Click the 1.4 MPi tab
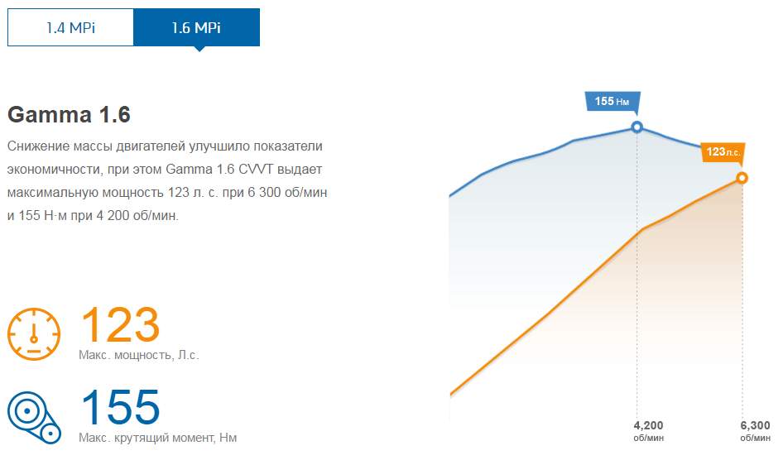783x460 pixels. [x=70, y=27]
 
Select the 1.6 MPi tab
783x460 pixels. [x=196, y=27]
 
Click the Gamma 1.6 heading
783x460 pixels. [x=69, y=115]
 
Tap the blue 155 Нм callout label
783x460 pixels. [x=612, y=101]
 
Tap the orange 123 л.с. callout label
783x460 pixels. [x=723, y=151]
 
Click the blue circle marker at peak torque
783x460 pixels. [x=636, y=127]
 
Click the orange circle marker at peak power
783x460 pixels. [x=742, y=178]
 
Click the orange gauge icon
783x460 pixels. [x=34, y=333]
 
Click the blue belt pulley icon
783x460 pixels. [x=34, y=418]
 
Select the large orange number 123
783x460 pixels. [x=120, y=325]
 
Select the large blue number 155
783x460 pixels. [x=120, y=407]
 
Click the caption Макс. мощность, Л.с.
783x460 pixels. [x=139, y=355]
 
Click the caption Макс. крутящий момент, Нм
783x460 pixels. [x=158, y=438]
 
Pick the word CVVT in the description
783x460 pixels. [x=256, y=169]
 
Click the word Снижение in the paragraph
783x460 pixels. [x=38, y=146]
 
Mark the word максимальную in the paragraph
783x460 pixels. [x=52, y=193]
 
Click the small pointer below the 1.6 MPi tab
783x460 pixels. [x=199, y=49]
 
